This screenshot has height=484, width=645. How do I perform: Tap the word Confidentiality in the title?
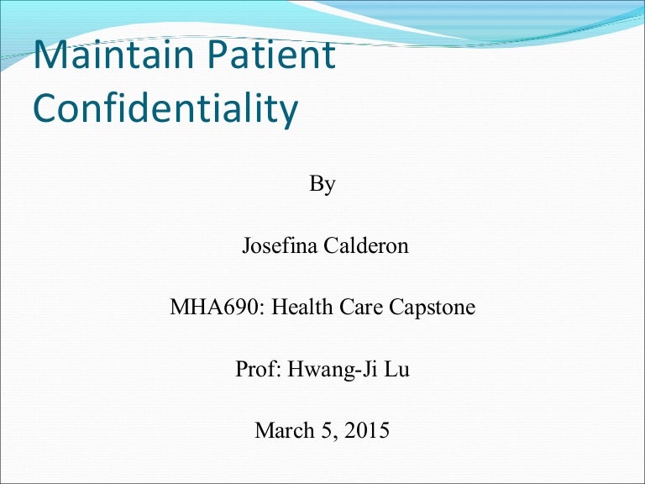[x=165, y=109]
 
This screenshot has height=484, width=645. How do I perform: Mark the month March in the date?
[x=283, y=430]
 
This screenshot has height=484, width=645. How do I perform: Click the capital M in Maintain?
[x=50, y=56]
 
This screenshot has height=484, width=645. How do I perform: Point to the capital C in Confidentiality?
[x=45, y=109]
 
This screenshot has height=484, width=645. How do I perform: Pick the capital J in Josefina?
[x=246, y=246]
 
